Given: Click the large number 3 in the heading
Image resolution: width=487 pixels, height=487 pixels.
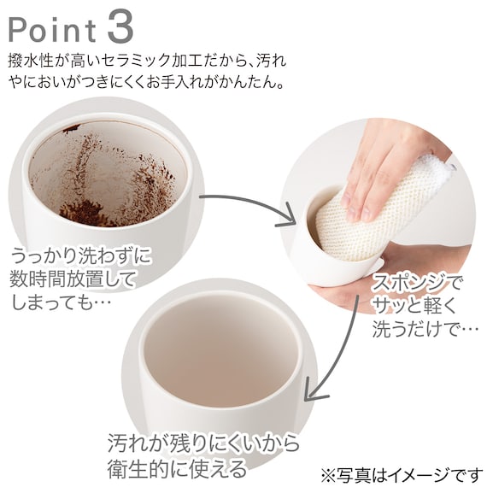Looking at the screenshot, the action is [121, 27].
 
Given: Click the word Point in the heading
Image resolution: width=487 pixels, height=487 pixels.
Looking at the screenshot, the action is [52, 30].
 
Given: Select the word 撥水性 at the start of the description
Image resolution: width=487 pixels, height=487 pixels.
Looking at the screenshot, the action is [31, 61].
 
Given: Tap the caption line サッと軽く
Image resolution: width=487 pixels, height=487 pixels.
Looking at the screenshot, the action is [414, 305].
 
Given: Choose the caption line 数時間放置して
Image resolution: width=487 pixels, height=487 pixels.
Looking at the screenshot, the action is [72, 279].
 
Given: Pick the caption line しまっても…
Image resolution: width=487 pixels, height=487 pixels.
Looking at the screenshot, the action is [61, 302].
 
